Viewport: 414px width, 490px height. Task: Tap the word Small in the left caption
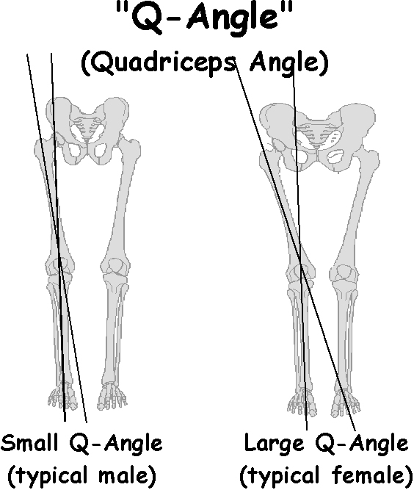tap(29, 443)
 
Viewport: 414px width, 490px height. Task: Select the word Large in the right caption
tap(274, 443)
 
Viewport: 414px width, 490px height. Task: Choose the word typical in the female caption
tap(286, 476)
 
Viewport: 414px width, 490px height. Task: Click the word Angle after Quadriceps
tap(285, 64)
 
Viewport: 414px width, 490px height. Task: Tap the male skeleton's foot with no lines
tap(112, 396)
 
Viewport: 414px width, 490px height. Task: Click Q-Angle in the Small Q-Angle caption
tap(115, 444)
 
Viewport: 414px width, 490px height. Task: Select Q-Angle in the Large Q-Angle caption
tap(361, 444)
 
